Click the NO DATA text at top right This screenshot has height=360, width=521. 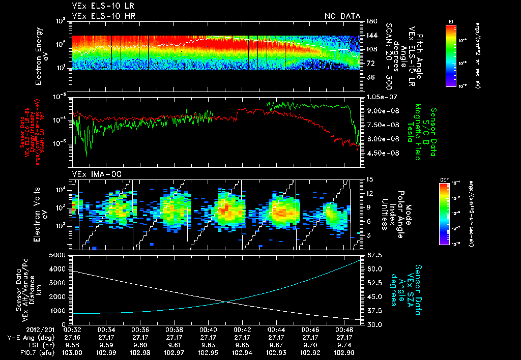coord(342,16)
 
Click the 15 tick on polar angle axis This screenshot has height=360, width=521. coord(368,179)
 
